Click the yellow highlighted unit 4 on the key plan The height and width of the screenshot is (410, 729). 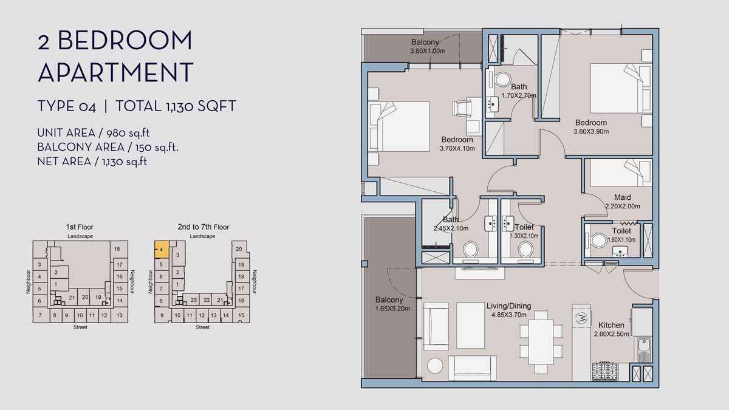click(x=162, y=250)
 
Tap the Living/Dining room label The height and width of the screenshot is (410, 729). click(x=508, y=306)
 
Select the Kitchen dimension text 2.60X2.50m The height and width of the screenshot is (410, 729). click(x=612, y=334)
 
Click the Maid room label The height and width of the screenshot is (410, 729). click(x=622, y=197)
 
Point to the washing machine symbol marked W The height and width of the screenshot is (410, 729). click(x=581, y=318)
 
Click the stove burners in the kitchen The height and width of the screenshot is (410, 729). click(x=604, y=371)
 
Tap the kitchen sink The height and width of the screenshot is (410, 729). click(x=643, y=349)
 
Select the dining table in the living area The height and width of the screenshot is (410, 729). click(x=541, y=342)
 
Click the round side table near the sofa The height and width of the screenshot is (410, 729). click(x=435, y=366)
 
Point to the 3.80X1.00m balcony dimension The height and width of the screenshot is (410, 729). click(x=428, y=51)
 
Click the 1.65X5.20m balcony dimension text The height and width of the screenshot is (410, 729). click(x=392, y=309)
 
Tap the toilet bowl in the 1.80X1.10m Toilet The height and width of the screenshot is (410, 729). click(x=599, y=241)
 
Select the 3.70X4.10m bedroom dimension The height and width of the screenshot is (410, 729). click(x=457, y=148)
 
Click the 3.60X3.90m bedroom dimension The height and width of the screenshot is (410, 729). click(x=591, y=131)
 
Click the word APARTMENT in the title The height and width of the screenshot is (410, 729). click(x=115, y=72)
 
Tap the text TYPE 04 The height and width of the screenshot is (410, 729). click(x=67, y=106)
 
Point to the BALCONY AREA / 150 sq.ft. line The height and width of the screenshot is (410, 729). click(x=108, y=148)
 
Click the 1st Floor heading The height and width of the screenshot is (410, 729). click(x=80, y=227)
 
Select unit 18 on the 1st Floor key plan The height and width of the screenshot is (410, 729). click(x=117, y=249)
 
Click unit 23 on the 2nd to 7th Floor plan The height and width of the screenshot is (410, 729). click(x=194, y=300)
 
